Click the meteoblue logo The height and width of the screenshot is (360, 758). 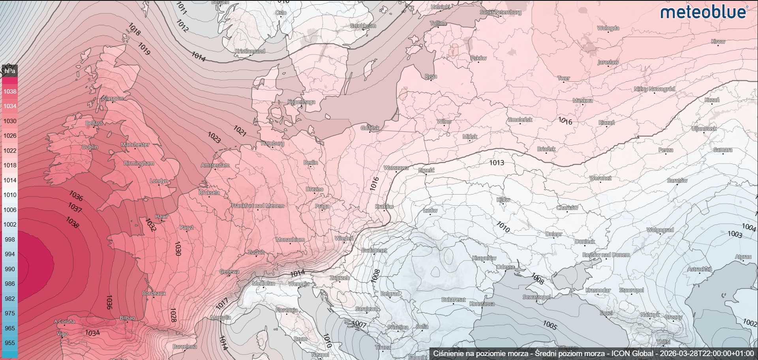(704, 12)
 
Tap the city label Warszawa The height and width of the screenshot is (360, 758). (396, 168)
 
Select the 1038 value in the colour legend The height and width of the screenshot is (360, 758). (10, 91)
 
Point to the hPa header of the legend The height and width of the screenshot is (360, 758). (10, 71)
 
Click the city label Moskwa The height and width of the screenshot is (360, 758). (582, 100)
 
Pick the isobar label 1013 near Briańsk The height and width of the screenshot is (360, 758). (496, 162)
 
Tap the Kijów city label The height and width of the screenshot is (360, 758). (503, 200)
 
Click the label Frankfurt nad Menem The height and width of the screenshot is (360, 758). (257, 206)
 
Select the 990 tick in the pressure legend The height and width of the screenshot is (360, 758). (10, 269)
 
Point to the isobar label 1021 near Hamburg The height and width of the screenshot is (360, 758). (240, 131)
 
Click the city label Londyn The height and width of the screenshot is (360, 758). (159, 181)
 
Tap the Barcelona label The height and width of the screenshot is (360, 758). (184, 347)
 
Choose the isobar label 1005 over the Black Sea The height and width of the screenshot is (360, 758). (550, 325)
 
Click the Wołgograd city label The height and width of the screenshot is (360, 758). (660, 230)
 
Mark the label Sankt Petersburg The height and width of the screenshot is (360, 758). (500, 12)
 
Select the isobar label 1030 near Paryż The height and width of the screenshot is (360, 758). (177, 248)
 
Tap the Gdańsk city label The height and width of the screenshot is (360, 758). (370, 127)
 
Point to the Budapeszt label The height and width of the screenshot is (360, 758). (374, 250)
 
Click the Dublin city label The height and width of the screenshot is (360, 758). (90, 147)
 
